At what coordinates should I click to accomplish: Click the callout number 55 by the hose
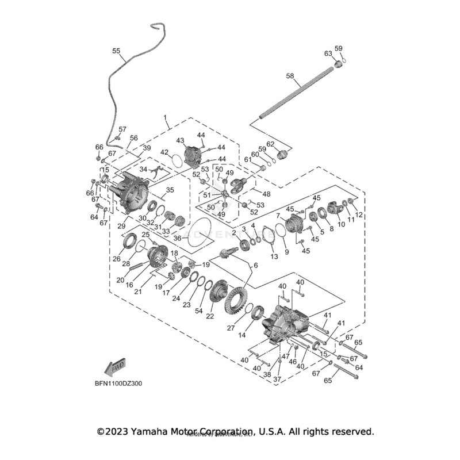(x=116, y=51)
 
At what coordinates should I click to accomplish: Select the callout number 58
(x=290, y=75)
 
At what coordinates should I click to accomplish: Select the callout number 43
(x=180, y=140)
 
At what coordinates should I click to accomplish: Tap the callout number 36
(x=178, y=237)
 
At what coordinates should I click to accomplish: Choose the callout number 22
(x=210, y=316)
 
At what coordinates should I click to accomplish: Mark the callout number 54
(x=199, y=310)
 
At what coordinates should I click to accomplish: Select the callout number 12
(x=359, y=214)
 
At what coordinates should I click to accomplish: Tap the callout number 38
(x=266, y=374)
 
